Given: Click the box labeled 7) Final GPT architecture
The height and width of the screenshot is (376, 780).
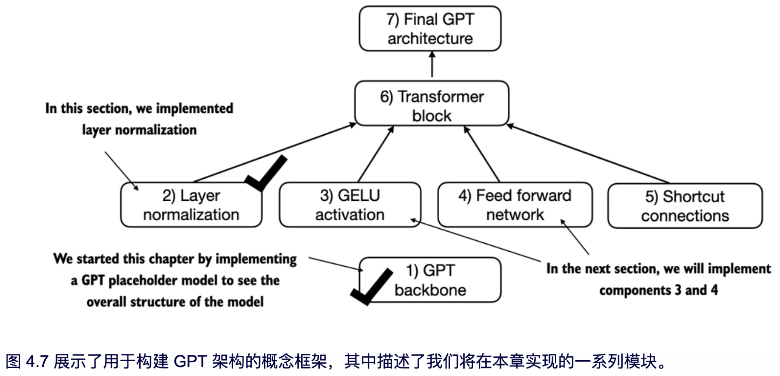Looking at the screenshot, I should pyautogui.click(x=430, y=29).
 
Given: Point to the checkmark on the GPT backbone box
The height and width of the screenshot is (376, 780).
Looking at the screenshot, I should pyautogui.click(x=371, y=286).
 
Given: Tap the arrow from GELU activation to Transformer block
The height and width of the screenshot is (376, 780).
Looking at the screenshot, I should pyautogui.click(x=376, y=154).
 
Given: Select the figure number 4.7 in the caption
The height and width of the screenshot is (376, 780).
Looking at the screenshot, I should pyautogui.click(x=37, y=362).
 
